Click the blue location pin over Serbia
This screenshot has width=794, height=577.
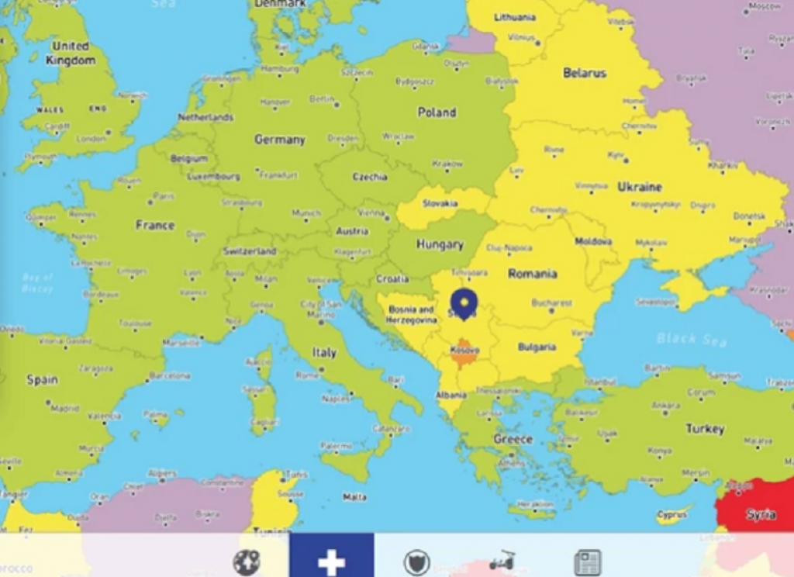[464, 302]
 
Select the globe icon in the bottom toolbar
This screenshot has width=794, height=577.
[247, 561]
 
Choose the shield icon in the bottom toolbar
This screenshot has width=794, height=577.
[416, 562]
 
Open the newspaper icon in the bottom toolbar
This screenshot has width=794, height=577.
[587, 562]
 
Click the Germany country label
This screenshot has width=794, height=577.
[280, 140]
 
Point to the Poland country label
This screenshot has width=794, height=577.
[437, 112]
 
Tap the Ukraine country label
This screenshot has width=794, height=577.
[640, 187]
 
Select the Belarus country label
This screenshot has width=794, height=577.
[585, 73]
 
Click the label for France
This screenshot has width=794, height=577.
[155, 225]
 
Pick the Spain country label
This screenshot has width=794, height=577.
[42, 379]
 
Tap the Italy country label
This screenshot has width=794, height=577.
[324, 352]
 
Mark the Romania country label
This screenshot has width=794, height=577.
[532, 273]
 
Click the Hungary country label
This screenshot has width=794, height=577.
[440, 244]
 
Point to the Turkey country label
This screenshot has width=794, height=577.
[705, 428]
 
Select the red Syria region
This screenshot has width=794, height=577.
[756, 508]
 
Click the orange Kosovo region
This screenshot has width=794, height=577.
[465, 352]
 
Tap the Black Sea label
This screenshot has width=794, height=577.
[682, 338]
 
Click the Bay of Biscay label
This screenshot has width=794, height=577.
[37, 282]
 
